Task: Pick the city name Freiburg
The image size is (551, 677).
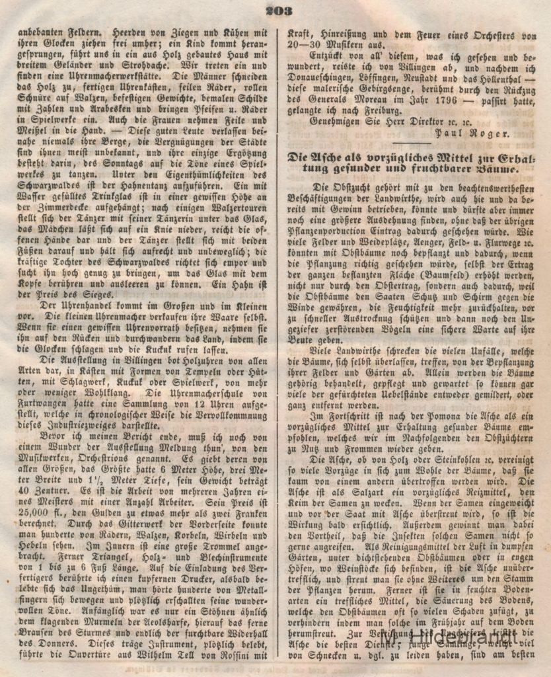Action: (x=361, y=108)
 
